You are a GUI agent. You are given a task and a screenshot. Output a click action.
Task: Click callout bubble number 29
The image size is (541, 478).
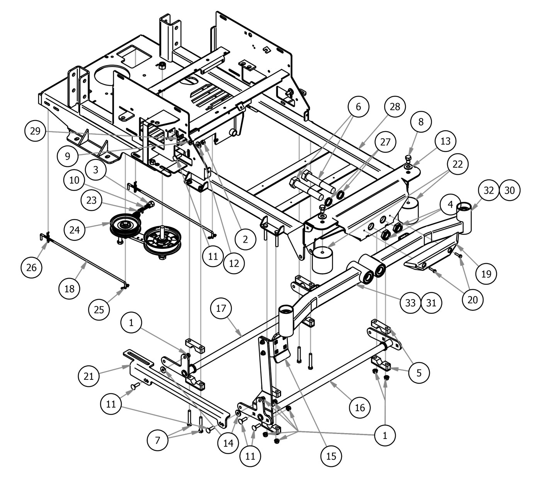tap(35, 131)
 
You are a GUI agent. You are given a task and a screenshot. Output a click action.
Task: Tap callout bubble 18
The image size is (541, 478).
tap(70, 287)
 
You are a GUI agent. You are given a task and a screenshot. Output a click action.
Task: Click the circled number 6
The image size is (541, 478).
tap(358, 107)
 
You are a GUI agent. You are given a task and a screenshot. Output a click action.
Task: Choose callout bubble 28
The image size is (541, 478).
tap(395, 107)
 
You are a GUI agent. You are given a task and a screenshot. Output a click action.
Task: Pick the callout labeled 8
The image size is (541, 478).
tap(421, 122)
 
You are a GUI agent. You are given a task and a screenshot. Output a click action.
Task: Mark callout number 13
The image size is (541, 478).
tap(445, 141)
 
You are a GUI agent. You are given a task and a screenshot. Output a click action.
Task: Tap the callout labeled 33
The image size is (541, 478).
tap(410, 303)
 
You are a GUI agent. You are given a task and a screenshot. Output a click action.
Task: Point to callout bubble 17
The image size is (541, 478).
tap(222, 309)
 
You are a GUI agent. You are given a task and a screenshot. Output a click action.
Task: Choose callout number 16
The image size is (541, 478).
tap(359, 407)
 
